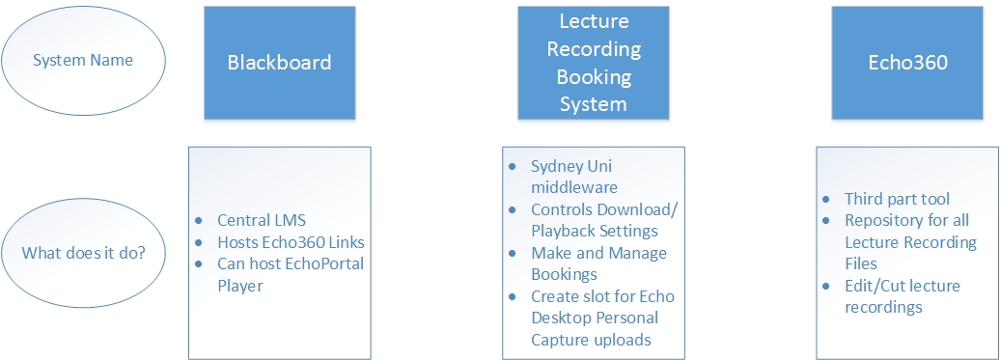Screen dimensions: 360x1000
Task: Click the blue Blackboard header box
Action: click(x=279, y=63)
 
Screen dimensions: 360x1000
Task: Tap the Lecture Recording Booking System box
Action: click(x=593, y=63)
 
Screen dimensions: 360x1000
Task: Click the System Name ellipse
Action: click(x=83, y=60)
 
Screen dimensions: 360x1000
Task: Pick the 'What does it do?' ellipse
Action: click(x=83, y=253)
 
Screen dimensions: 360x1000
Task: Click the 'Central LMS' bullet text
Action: click(x=262, y=219)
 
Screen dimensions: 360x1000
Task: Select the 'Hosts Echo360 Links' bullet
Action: click(x=290, y=240)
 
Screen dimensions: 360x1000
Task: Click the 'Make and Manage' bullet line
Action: click(x=598, y=253)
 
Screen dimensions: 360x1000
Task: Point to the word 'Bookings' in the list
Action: click(x=565, y=274)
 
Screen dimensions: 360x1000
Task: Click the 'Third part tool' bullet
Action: click(x=898, y=199)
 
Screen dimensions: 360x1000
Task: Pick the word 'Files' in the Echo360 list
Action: click(x=863, y=263)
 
